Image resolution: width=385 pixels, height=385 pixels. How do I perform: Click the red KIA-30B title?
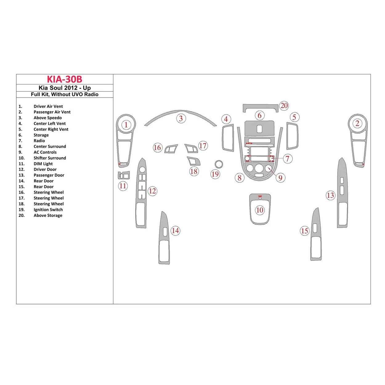[64, 79]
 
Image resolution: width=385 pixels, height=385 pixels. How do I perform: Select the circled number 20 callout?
[284, 106]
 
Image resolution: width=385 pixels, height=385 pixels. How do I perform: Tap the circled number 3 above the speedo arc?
[181, 119]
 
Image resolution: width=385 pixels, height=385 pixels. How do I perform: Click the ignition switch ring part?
[219, 164]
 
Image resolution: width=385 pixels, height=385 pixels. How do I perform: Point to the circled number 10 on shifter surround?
[260, 210]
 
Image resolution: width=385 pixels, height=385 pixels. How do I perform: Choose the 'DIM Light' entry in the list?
[43, 164]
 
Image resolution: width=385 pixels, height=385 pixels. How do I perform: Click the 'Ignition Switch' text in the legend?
[48, 210]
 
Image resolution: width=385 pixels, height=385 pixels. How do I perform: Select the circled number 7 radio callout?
[287, 159]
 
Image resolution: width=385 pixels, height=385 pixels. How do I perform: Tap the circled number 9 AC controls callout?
[280, 178]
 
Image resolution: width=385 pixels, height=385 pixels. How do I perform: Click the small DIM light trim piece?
[124, 176]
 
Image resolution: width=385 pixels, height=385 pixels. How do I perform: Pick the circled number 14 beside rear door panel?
[175, 231]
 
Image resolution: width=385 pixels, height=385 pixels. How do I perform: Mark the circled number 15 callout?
[304, 231]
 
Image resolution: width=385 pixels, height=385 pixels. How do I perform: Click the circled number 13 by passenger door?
[330, 195]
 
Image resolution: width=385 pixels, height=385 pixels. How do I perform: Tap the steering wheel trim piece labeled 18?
[193, 161]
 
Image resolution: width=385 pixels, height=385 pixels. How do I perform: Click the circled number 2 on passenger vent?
[357, 124]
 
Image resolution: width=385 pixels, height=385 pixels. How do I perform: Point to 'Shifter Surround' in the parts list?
[50, 158]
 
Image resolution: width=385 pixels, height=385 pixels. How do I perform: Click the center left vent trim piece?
[228, 138]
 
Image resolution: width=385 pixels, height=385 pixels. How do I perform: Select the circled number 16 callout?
[157, 148]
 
